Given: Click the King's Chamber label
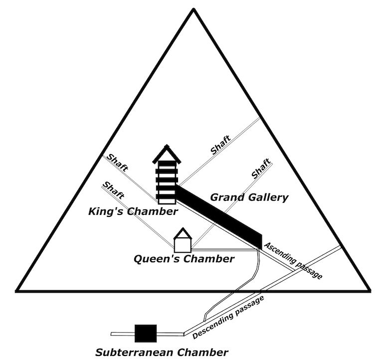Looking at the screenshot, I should point(133,212).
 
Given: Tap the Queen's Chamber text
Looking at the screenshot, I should point(184,259).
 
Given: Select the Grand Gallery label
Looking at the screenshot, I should point(249,197).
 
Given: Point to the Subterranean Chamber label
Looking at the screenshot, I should point(162,352).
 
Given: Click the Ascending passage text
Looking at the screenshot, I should point(294,260).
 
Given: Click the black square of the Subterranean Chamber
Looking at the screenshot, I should point(146,334).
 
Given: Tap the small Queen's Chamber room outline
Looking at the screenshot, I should point(183,244).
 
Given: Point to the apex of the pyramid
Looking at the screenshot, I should point(192,11).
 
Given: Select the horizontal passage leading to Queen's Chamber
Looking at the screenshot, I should point(224,249).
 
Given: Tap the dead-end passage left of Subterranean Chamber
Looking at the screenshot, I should point(122,334).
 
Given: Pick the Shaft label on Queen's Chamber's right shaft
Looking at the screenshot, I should point(261,169).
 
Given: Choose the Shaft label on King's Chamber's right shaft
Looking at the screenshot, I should point(220,145).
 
